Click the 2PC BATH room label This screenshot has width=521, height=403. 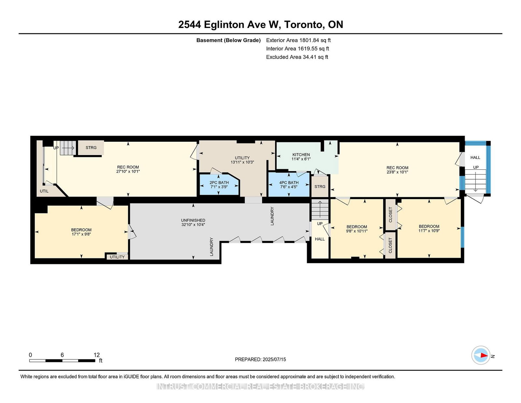coord(219,182)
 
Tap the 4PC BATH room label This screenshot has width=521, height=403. coord(289,182)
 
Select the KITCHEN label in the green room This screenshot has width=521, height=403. coord(301,155)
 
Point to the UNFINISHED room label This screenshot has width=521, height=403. coord(193,220)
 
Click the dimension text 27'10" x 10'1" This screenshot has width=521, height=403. coord(128,171)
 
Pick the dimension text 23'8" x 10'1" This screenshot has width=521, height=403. coord(397,172)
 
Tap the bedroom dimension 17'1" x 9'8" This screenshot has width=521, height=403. coord(81,234)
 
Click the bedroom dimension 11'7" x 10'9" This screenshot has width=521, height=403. coord(429,231)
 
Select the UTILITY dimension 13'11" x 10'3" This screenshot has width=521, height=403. coord(242,162)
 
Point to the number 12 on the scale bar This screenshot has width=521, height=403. coord(97,355)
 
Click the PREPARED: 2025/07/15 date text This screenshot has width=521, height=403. coord(260,359)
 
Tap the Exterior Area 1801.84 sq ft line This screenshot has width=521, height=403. coord(298,40)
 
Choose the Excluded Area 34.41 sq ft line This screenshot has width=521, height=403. coord(297,57)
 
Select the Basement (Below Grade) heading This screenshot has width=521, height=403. coord(229,40)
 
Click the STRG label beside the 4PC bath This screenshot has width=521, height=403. coord(320,187)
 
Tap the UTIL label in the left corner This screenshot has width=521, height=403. coord(44,191)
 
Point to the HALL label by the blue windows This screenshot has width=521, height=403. coord(475,158)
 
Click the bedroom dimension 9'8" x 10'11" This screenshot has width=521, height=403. coord(357,231)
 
